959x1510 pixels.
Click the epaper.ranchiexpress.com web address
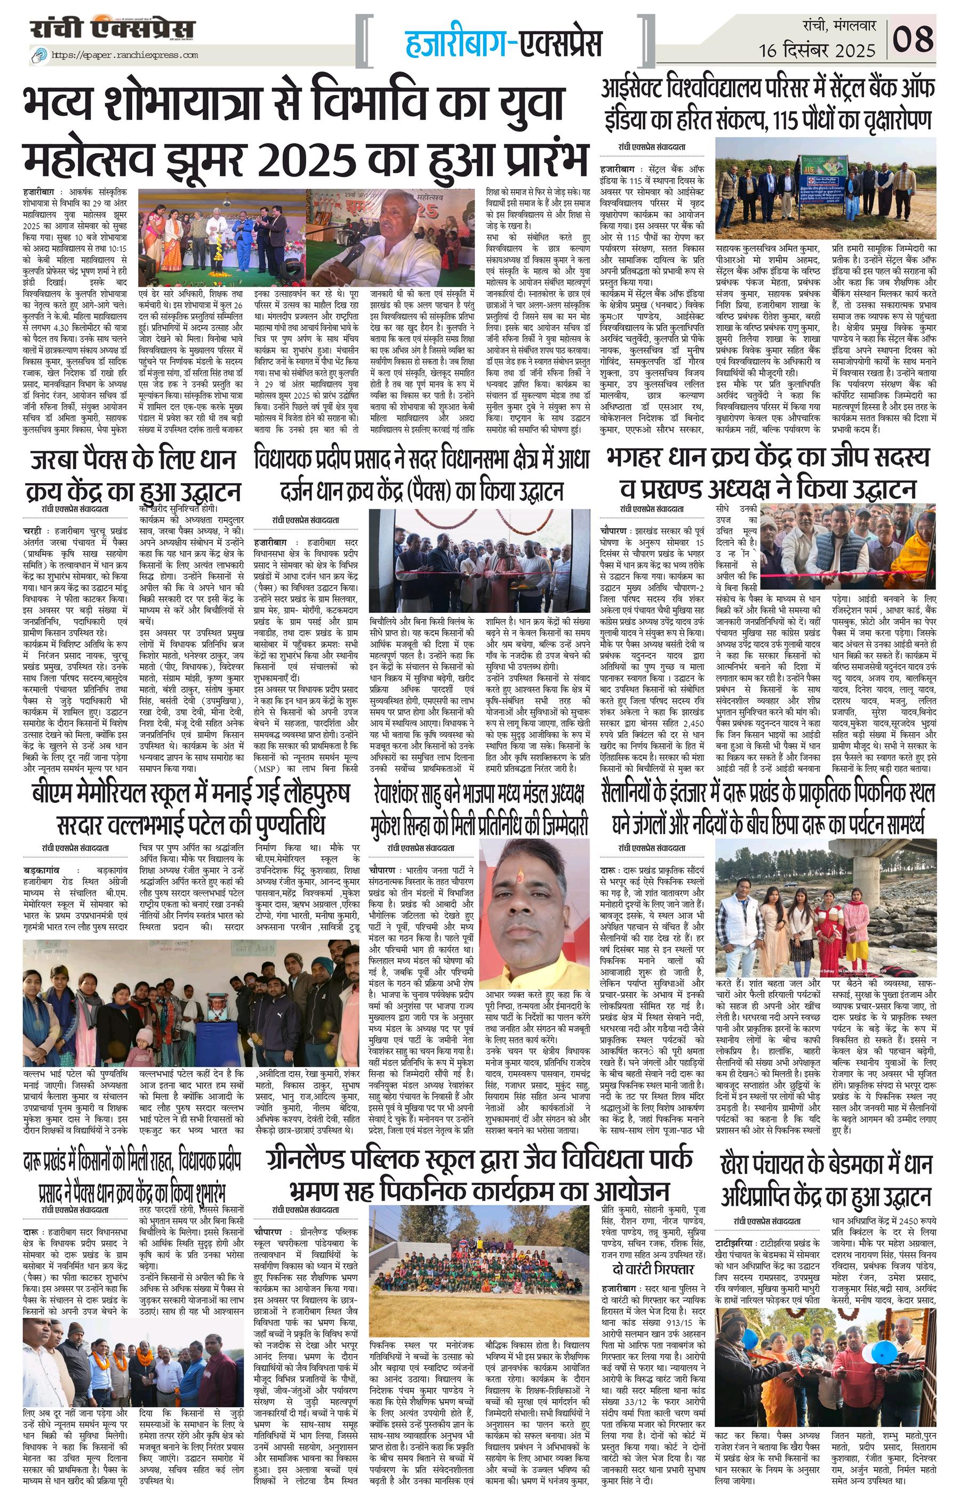[124, 55]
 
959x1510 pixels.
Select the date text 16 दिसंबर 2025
[817, 50]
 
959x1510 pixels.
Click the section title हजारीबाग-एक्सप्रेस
[504, 43]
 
